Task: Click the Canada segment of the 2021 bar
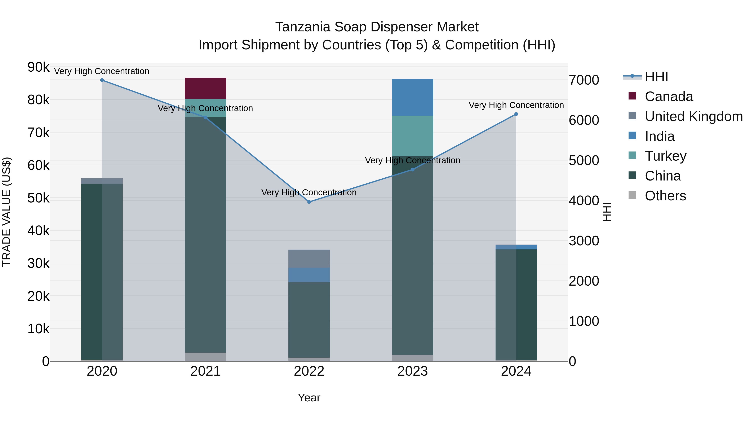[205, 88]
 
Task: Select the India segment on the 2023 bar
[412, 97]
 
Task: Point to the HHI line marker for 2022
[309, 202]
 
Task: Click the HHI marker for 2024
[516, 114]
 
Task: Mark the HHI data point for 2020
[102, 80]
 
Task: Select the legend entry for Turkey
[665, 156]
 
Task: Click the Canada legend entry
[669, 97]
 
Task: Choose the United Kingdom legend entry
[693, 116]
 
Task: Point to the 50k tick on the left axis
[38, 198]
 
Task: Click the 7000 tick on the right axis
[584, 80]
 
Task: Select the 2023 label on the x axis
[412, 371]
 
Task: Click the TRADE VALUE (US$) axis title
[7, 212]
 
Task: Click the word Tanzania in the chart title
[303, 27]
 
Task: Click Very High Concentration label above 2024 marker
[516, 105]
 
